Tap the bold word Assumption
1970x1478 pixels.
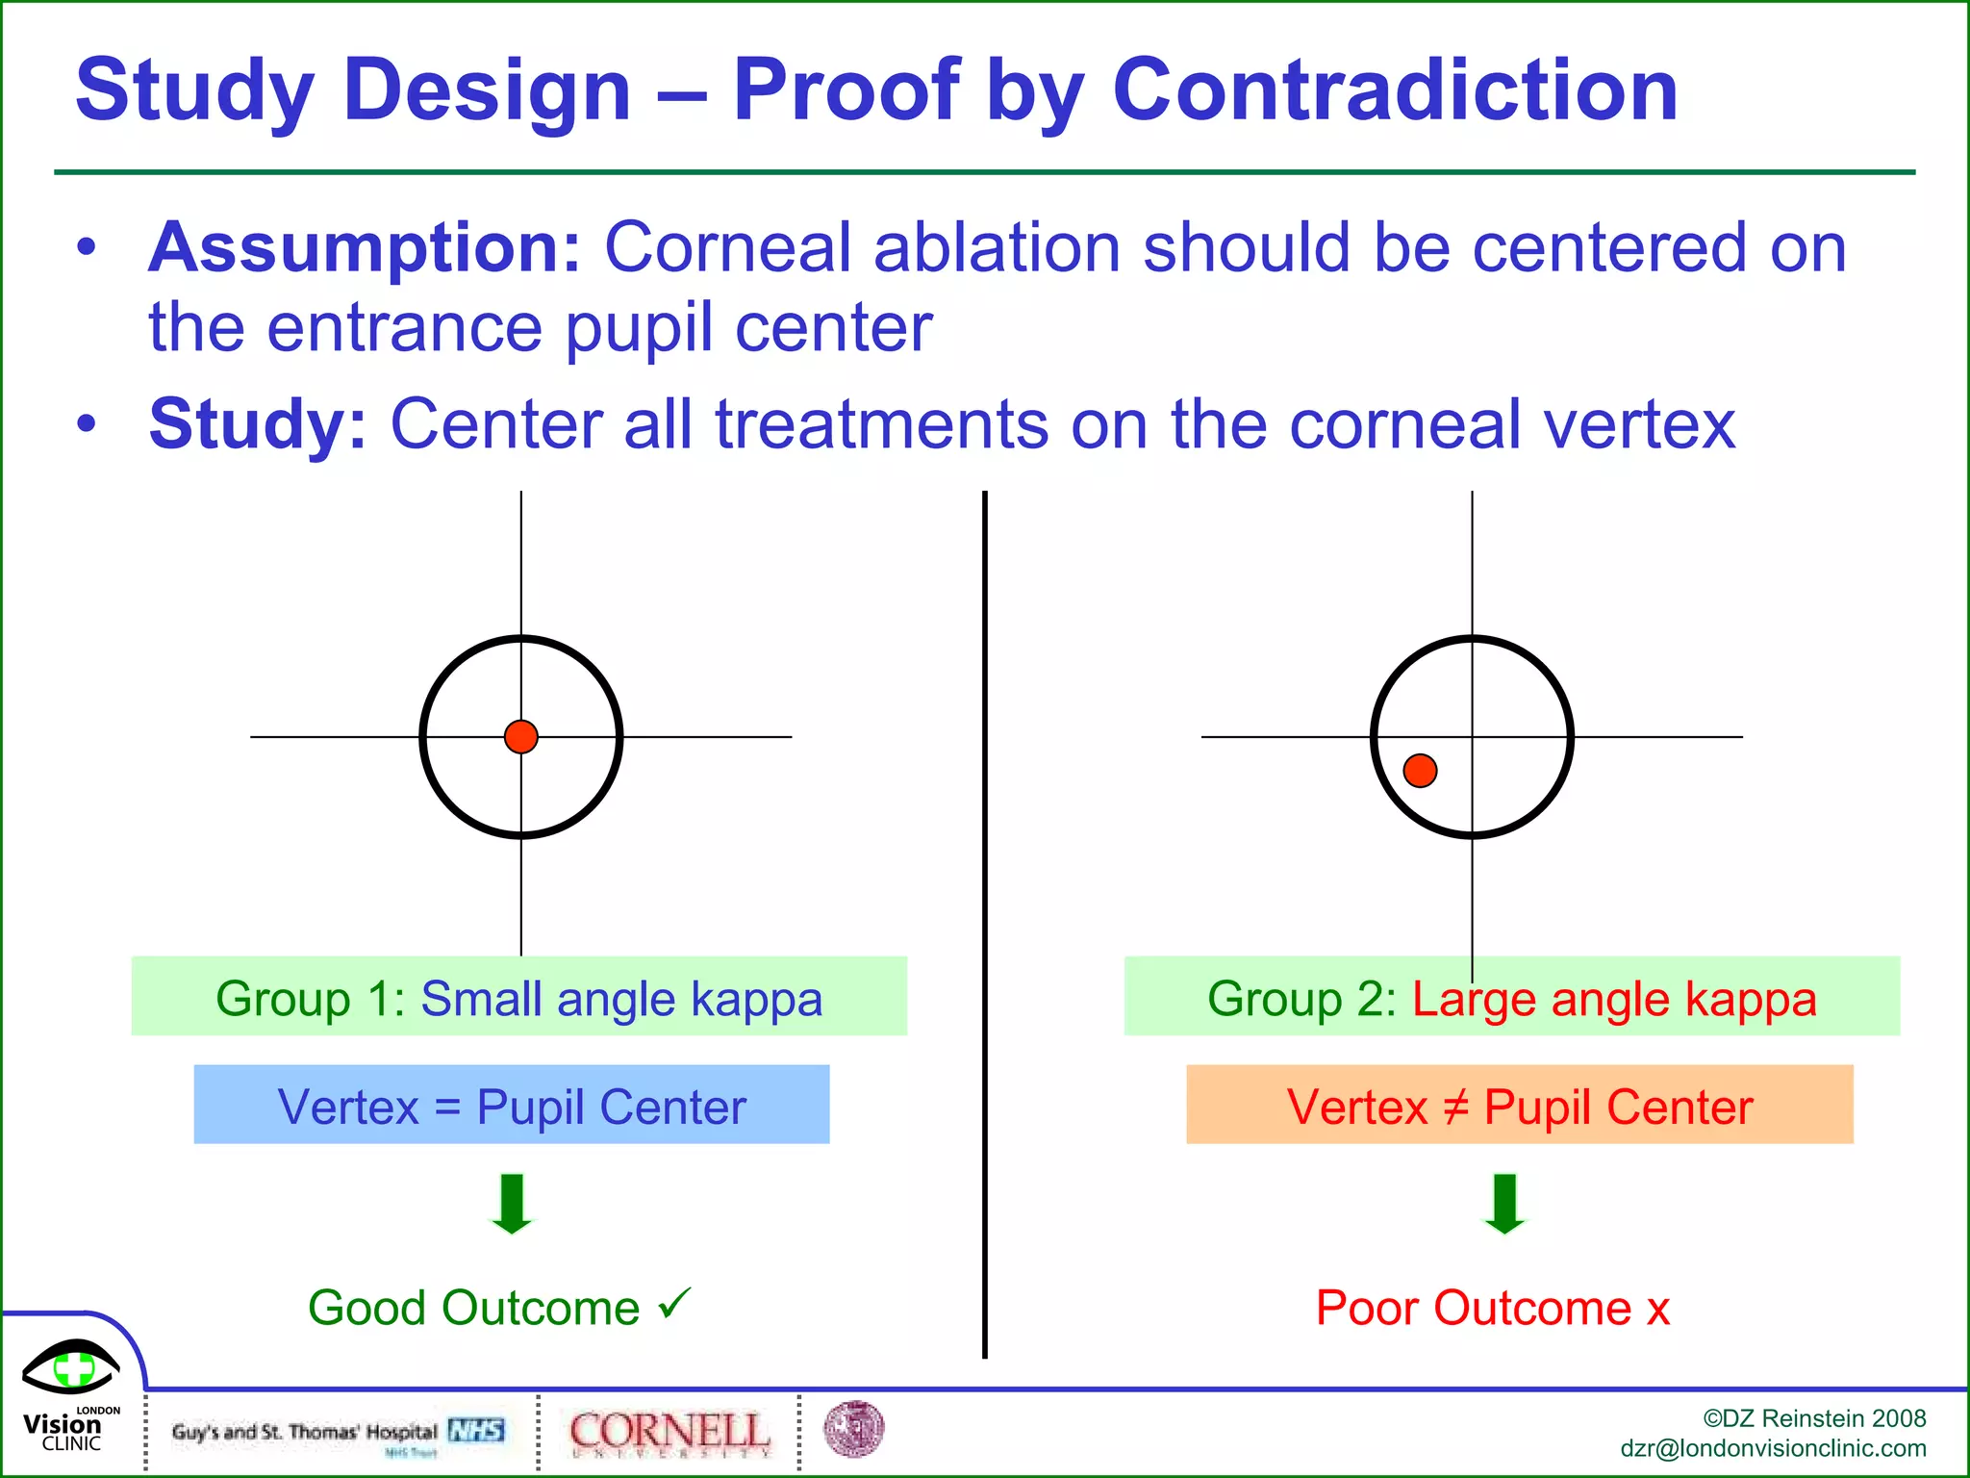click(364, 248)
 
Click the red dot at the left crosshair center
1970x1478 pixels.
click(521, 737)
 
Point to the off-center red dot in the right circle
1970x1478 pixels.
click(1420, 771)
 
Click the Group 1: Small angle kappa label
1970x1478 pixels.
click(519, 998)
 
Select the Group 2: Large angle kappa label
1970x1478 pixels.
click(1511, 998)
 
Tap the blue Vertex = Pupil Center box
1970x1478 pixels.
click(512, 1106)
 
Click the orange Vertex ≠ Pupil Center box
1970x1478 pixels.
click(1519, 1106)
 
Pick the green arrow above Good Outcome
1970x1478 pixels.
click(512, 1204)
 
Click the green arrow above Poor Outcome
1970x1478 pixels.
click(1505, 1204)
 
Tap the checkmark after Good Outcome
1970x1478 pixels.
click(675, 1304)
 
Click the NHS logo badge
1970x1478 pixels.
click(476, 1431)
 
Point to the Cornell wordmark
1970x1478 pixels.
click(669, 1431)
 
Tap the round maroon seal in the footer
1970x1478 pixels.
click(854, 1429)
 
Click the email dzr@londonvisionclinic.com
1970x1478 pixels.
click(1773, 1448)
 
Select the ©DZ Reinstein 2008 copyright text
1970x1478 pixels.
click(1814, 1418)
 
